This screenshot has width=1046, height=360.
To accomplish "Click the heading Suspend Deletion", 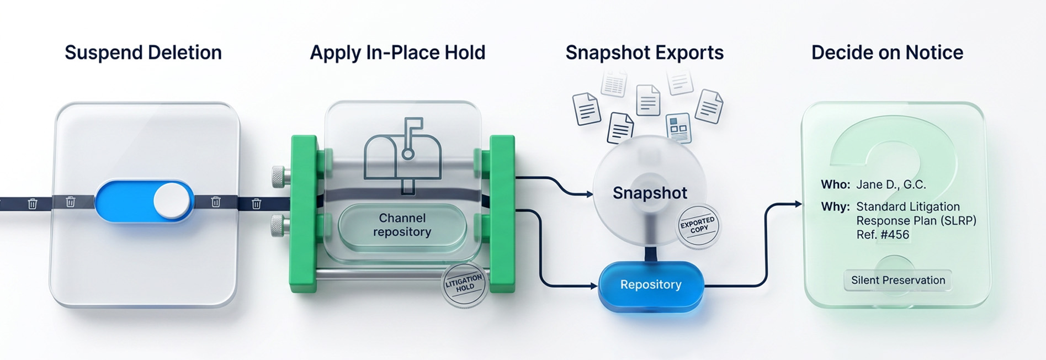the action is (x=143, y=52).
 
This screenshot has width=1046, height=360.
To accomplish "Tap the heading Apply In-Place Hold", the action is (x=397, y=52).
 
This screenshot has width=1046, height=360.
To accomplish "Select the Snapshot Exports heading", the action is (x=644, y=52).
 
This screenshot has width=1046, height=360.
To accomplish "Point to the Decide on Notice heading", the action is (x=887, y=52).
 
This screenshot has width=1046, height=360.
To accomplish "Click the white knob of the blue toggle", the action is (x=172, y=201).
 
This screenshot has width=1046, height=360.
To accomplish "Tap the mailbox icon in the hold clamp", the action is (x=402, y=155).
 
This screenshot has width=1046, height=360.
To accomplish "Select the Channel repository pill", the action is (x=402, y=225).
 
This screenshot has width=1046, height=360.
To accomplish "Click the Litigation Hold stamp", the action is (x=464, y=284).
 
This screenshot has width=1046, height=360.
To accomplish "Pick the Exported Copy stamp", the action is (x=698, y=225).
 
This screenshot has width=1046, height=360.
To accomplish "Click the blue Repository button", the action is (x=651, y=285).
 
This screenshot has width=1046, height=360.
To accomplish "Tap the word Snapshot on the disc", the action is (x=650, y=193).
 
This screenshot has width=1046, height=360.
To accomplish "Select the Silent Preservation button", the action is (x=898, y=280).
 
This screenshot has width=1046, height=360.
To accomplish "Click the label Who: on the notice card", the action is (x=835, y=184).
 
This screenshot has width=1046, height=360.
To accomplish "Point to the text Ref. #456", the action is (x=883, y=235).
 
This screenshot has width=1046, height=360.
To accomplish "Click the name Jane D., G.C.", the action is (x=891, y=185).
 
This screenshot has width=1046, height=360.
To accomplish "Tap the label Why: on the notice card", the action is (x=835, y=207).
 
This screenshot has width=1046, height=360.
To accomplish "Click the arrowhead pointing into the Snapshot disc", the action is (x=590, y=194).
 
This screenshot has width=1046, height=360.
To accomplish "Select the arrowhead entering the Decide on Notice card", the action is (x=798, y=204).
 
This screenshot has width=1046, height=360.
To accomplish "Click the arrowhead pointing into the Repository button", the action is (x=594, y=286).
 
